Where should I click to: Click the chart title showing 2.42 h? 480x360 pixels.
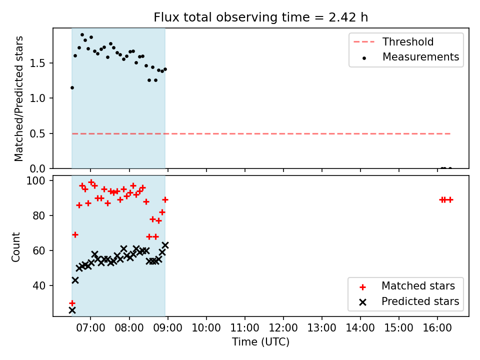click(261, 17)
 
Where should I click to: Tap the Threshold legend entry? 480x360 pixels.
click(393, 41)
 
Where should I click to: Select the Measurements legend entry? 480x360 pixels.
click(411, 57)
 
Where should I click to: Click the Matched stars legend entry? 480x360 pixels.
click(407, 286)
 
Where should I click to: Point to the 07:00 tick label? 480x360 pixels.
click(90, 328)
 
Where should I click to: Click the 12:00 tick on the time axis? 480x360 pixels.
click(283, 328)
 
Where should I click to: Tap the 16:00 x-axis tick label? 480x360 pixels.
click(437, 328)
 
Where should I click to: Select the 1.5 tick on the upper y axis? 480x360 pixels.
click(37, 63)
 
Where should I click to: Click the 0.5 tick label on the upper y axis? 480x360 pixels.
click(37, 134)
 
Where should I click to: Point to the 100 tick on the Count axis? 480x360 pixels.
click(35, 180)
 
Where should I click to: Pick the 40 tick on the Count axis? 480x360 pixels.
click(39, 285)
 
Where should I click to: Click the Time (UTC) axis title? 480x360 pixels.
click(261, 341)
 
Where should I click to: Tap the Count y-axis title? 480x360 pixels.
click(15, 247)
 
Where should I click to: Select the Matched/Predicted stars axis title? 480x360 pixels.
click(18, 98)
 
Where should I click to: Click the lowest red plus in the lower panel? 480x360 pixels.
click(72, 303)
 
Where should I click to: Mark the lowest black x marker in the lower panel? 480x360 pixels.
click(72, 310)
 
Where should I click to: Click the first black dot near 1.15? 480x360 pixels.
click(72, 88)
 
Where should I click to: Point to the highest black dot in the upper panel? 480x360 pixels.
click(82, 35)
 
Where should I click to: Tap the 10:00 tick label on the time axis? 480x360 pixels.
click(206, 328)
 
